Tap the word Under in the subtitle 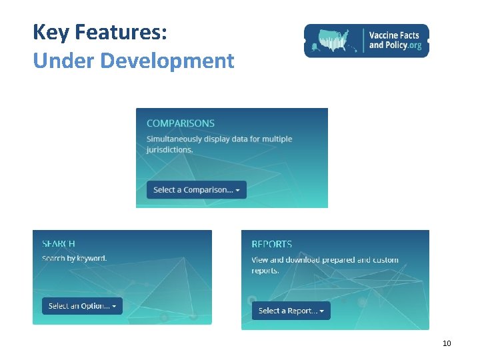(64, 61)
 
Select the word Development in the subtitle (167, 61)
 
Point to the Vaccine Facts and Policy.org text (395, 40)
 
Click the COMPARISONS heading (181, 123)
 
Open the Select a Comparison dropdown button (196, 190)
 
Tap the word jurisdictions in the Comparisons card (169, 149)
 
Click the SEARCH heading (59, 244)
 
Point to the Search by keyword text (74, 258)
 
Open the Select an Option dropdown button (82, 306)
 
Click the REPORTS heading (271, 245)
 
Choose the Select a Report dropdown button (291, 311)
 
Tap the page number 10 (447, 343)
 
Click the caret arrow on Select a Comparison (238, 191)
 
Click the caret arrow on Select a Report (322, 311)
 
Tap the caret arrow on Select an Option (114, 307)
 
